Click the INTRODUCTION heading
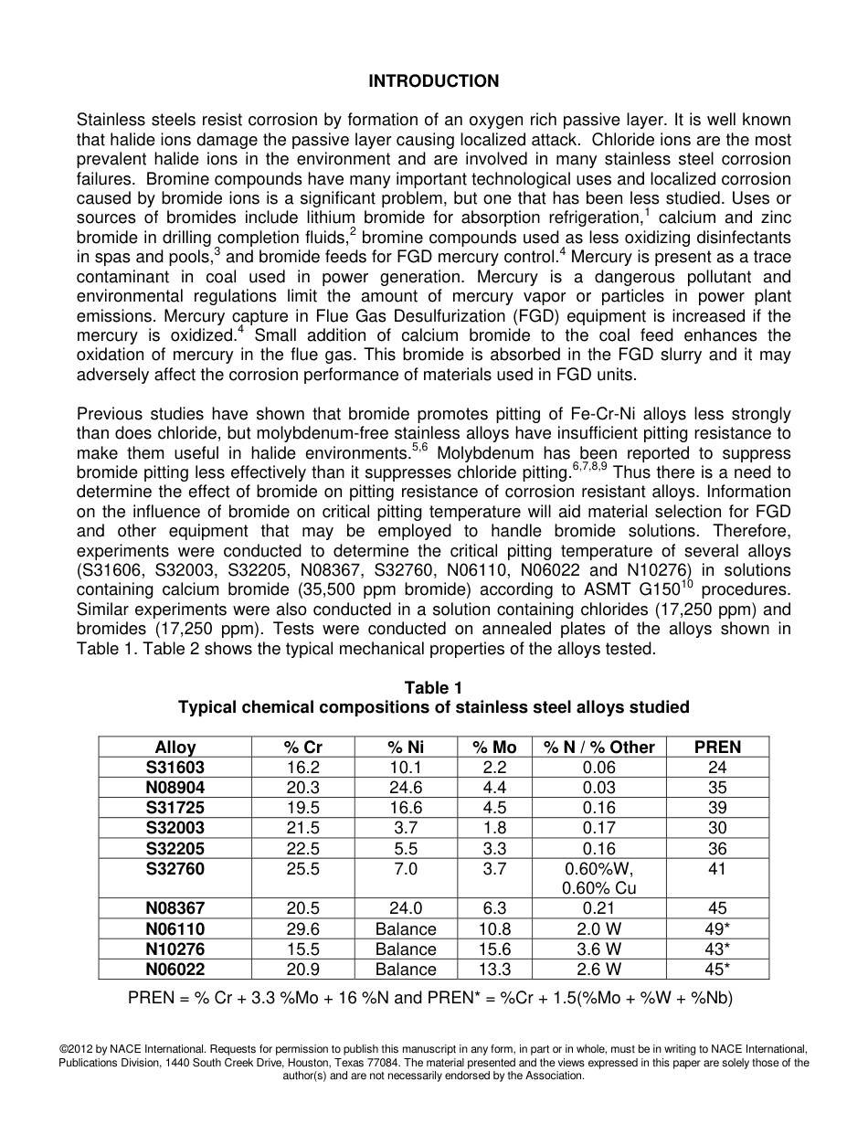(433, 81)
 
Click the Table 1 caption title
(433, 688)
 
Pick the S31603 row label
(175, 768)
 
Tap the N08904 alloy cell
(175, 788)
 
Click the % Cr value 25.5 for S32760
(302, 869)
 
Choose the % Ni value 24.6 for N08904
(405, 788)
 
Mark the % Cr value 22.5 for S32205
(302, 849)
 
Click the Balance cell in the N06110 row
(405, 929)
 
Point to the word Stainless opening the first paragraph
(111, 120)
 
